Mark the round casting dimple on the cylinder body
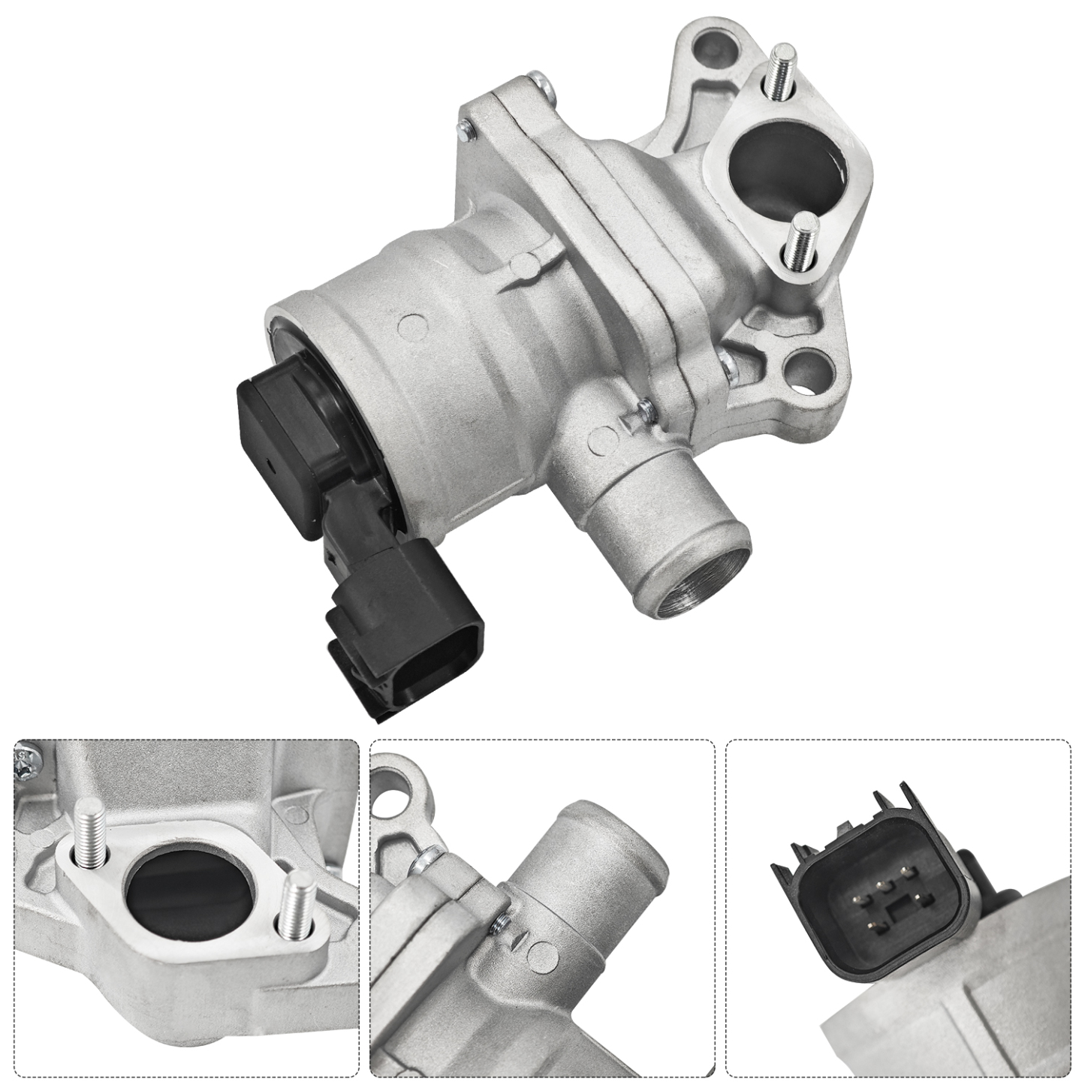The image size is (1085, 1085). coord(409,325)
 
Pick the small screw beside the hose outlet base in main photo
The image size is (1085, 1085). coord(644,409)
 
